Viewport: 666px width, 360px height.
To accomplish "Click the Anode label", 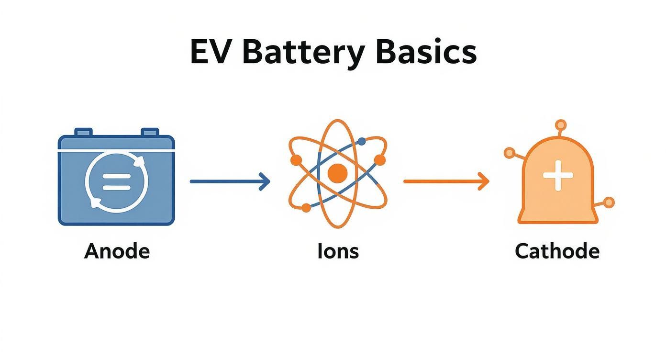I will click(x=117, y=251).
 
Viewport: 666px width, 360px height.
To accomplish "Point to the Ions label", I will click(x=338, y=251).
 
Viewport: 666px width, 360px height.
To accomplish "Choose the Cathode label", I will click(x=557, y=251).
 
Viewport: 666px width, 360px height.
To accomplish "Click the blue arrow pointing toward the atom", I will click(x=230, y=181).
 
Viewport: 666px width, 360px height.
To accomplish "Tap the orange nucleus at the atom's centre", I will click(x=338, y=173).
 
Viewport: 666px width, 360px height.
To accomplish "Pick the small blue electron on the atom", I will click(x=362, y=141).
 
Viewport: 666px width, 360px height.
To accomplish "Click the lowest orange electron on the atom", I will click(x=306, y=207).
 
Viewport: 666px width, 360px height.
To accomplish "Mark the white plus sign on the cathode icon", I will click(x=558, y=176).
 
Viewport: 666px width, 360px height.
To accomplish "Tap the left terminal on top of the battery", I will click(x=83, y=132).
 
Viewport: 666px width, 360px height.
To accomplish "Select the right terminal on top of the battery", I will click(x=150, y=132).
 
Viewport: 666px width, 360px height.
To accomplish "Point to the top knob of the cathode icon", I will click(x=558, y=125).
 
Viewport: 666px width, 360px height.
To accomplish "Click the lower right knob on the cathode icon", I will click(x=609, y=202).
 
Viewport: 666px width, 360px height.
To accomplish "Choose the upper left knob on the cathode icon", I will click(x=509, y=153).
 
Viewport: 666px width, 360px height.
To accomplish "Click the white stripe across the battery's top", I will click(x=116, y=150).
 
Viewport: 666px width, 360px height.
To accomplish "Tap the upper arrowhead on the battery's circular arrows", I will click(x=140, y=163).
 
